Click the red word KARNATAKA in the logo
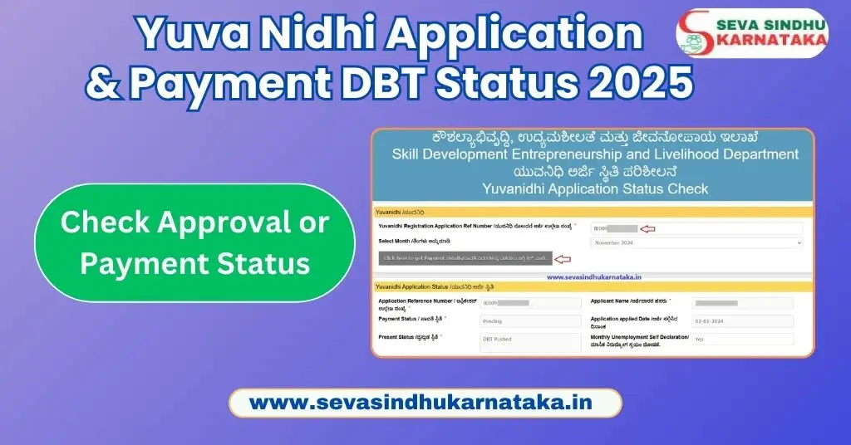click(x=770, y=41)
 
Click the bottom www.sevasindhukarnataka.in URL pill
click(x=425, y=403)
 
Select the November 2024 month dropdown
click(x=696, y=242)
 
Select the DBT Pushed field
click(x=530, y=340)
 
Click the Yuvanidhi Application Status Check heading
click(x=594, y=188)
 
